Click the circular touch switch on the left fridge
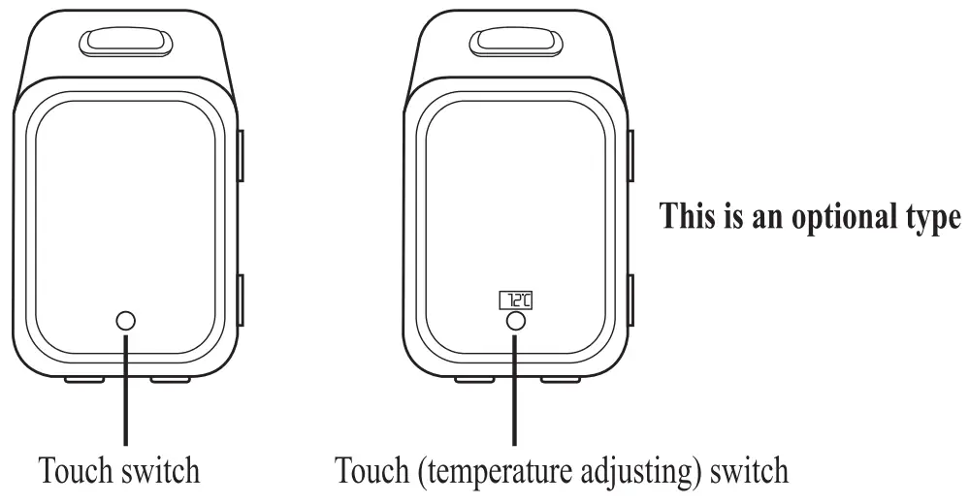125,320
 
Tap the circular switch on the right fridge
516,321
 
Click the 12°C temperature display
517,299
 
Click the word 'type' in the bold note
926,217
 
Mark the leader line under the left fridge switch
125,388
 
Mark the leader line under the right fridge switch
516,388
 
